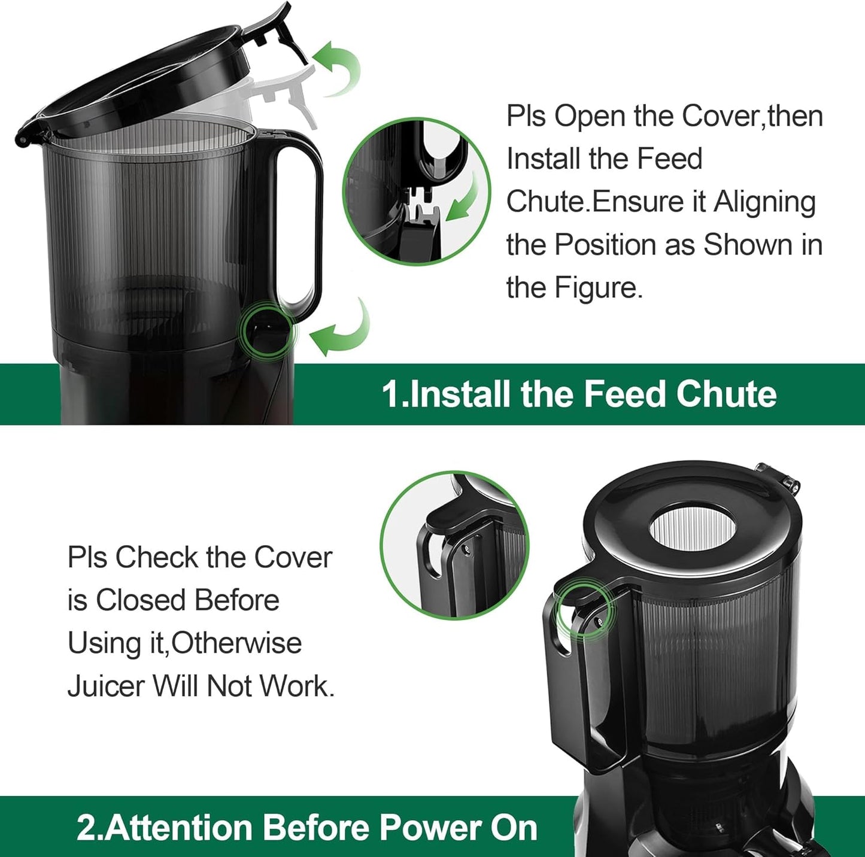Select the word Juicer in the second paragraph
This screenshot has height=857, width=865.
pyautogui.click(x=105, y=686)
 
